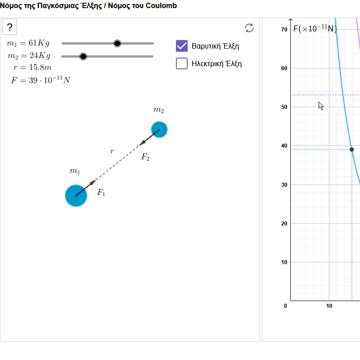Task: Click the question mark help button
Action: point(9,27)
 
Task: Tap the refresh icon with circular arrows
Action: point(249,28)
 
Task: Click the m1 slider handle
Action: point(117,43)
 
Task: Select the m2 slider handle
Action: point(83,56)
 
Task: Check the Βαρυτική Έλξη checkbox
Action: point(182,46)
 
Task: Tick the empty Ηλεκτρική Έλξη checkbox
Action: point(182,63)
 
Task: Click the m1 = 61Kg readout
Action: point(28,43)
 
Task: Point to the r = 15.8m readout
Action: point(32,67)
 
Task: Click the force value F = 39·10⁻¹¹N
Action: point(40,80)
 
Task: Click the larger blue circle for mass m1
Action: point(76,196)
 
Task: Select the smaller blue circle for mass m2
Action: point(159,130)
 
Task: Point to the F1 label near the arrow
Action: point(101,192)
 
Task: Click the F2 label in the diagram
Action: point(145,157)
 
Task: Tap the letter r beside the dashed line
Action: point(112,151)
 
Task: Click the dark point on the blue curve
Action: point(352,149)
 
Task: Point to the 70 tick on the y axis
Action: point(284,29)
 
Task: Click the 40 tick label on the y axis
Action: point(284,145)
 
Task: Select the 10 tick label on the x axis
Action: point(329,306)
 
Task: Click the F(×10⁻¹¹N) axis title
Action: point(315,28)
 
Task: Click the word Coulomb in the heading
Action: point(161,5)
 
